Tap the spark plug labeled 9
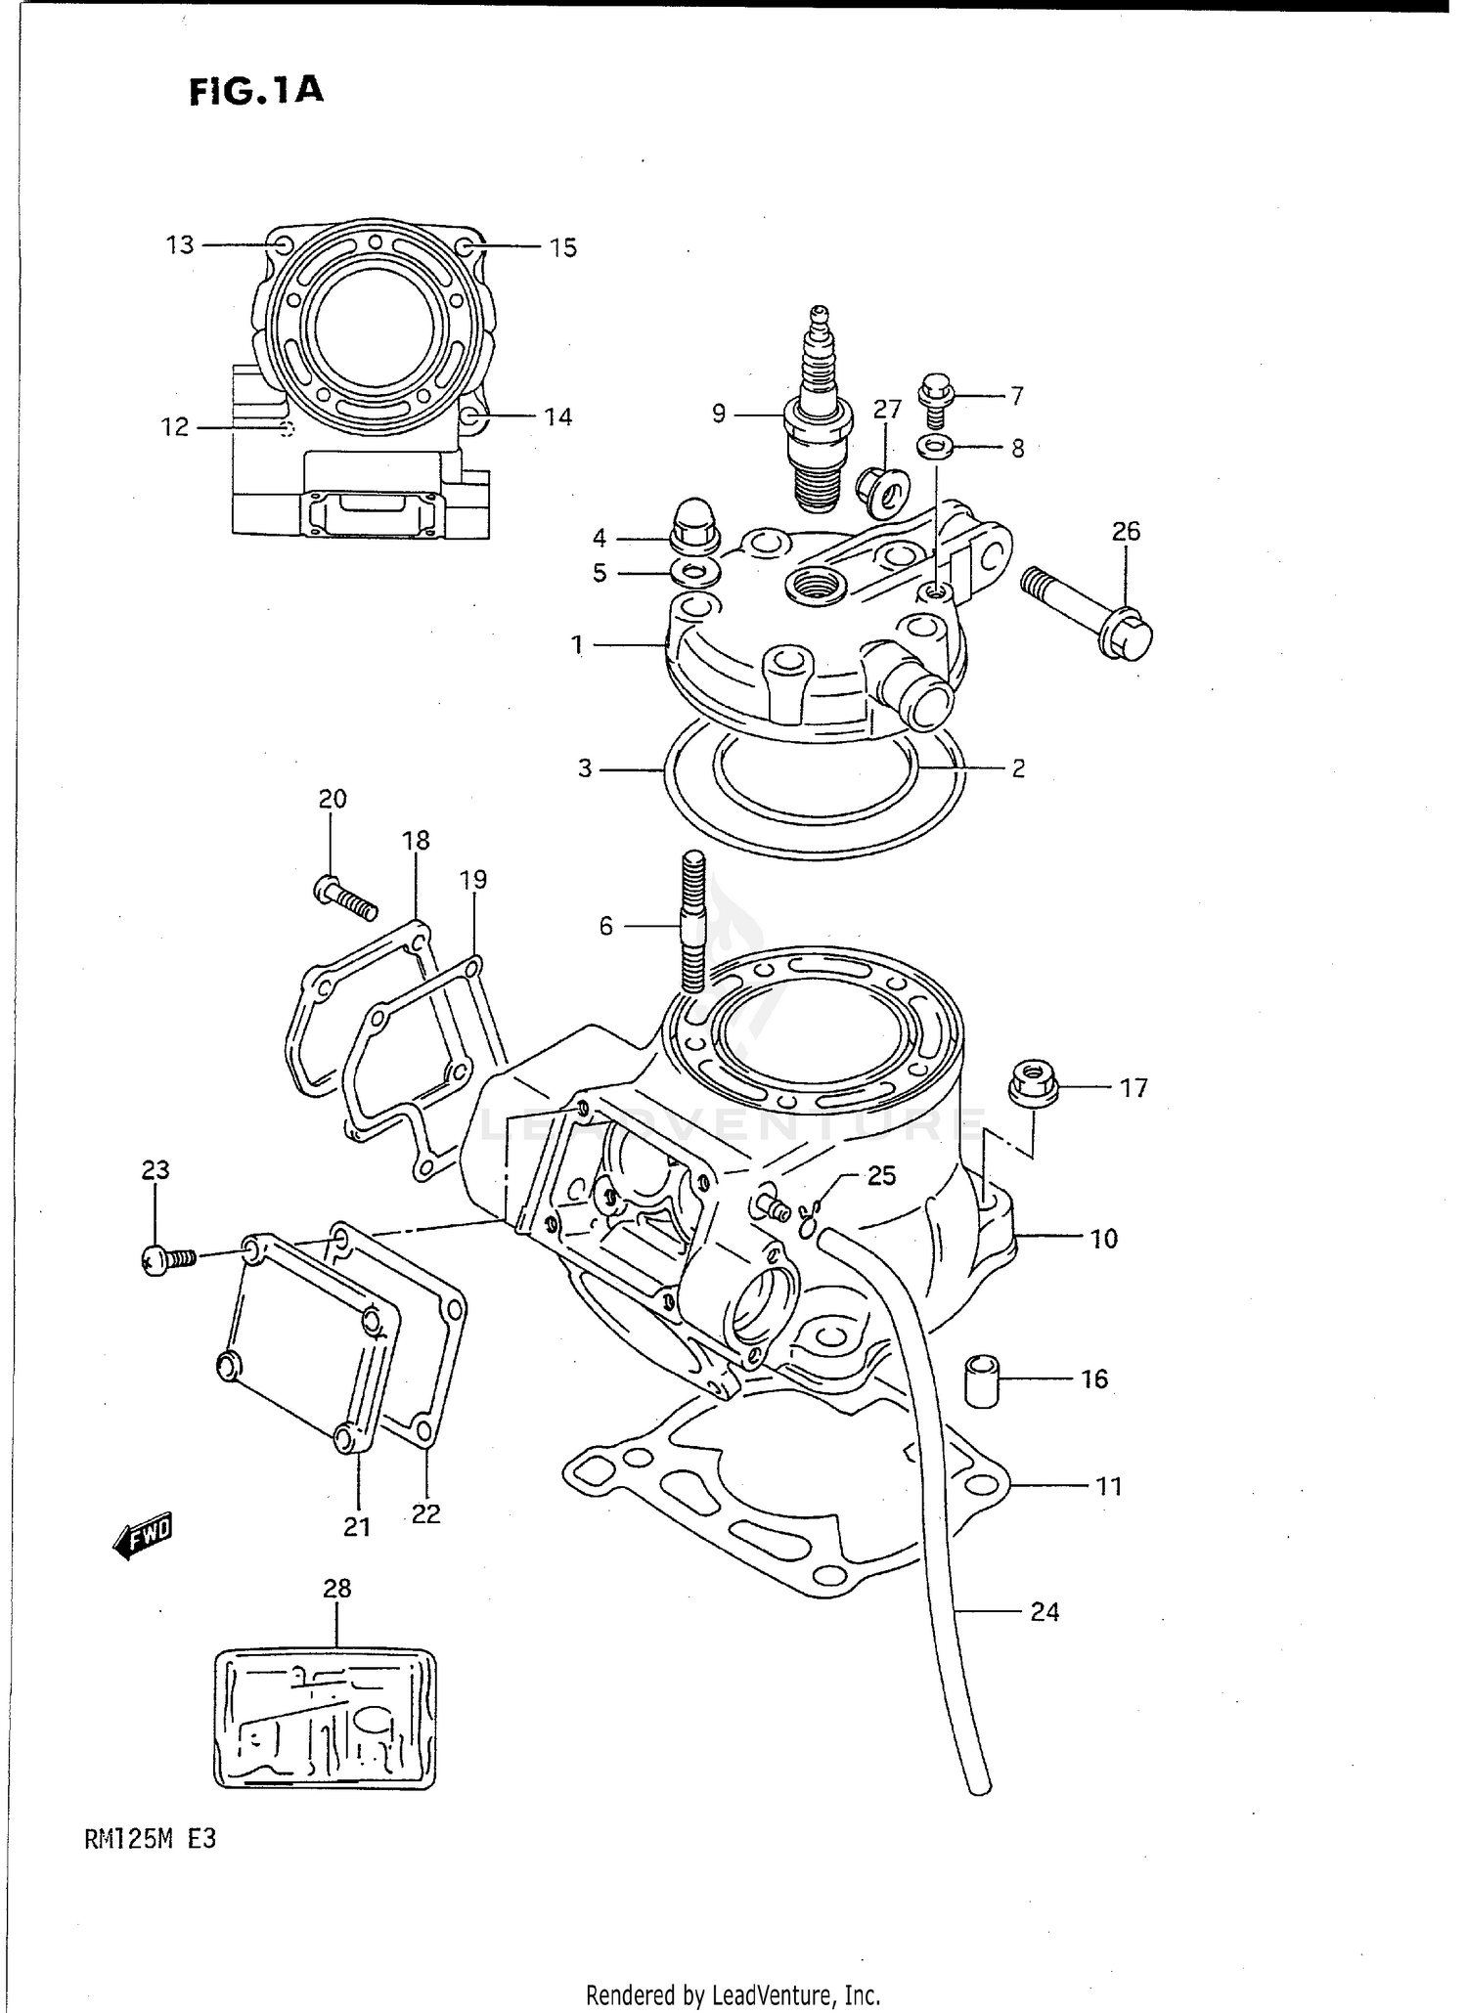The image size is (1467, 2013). (x=820, y=420)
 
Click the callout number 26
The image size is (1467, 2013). (x=1126, y=532)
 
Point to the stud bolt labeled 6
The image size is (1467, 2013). (x=691, y=923)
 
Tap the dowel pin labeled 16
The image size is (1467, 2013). (x=982, y=1380)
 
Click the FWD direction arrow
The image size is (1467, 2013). (x=143, y=1535)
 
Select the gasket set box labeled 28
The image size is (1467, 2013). (x=325, y=1719)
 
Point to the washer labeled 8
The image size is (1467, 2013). (x=936, y=448)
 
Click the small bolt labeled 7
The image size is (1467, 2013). (x=935, y=399)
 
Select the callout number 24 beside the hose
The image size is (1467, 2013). (x=1045, y=1611)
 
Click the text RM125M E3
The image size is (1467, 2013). (x=150, y=1838)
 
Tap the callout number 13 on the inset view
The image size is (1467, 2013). (x=180, y=244)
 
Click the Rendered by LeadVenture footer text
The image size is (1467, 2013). (x=733, y=1993)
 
